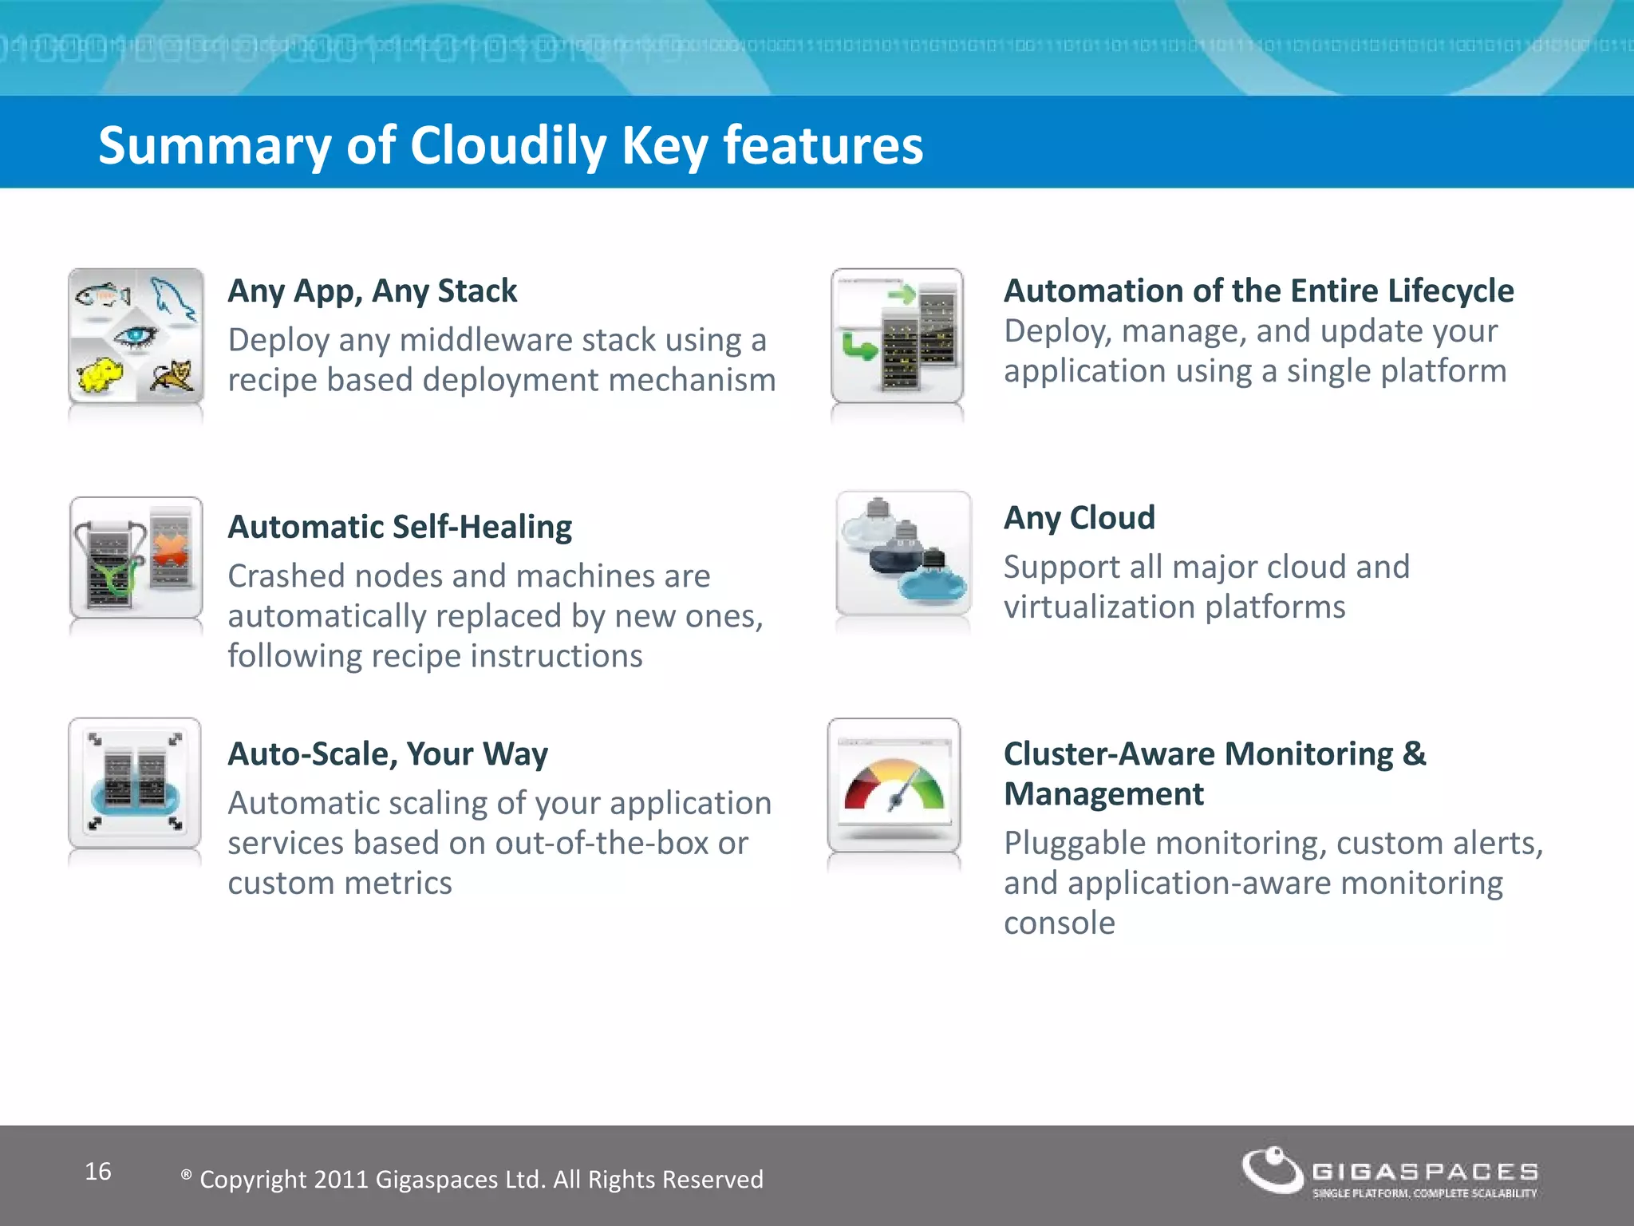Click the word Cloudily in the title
[508, 146]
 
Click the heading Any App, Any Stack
[372, 291]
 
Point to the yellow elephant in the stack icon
[98, 374]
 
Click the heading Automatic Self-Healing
[400, 527]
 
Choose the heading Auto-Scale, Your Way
[388, 753]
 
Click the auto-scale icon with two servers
[135, 783]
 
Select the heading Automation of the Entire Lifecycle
[1258, 291]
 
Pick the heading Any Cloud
[1079, 518]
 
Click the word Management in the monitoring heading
[1103, 794]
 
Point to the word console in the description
[1059, 923]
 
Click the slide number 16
[98, 1171]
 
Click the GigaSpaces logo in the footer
[1389, 1172]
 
